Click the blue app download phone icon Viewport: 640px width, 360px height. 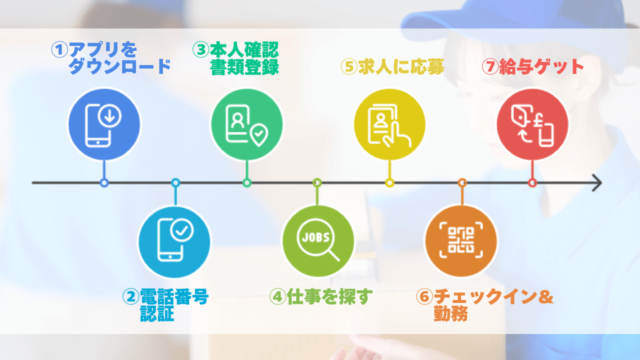104,124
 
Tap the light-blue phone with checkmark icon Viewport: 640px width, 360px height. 174,242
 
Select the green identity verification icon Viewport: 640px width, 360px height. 246,124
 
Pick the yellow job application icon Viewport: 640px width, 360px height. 389,124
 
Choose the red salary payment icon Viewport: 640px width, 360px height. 532,124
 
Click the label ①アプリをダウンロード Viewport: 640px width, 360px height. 111,58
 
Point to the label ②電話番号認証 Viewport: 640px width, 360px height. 165,304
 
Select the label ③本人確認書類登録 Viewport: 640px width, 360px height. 236,58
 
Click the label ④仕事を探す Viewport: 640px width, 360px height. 321,296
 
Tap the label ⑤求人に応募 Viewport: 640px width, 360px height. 392,66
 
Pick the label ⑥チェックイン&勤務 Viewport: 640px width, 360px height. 484,304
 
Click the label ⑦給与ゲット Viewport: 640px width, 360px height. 533,66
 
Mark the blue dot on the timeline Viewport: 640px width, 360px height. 104,183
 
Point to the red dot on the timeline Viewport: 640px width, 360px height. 532,183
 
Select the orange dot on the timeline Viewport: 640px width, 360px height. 462,183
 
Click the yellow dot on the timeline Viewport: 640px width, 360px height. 389,183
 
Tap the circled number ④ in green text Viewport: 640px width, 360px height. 277,296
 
